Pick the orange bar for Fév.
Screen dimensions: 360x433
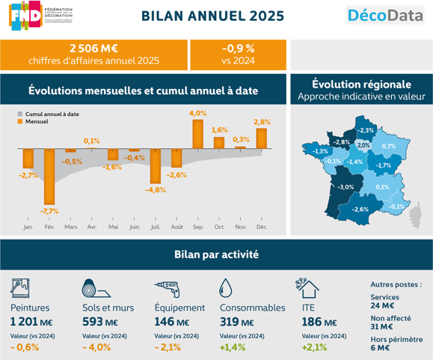coord(49,176)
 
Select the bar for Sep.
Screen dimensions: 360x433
coord(197,133)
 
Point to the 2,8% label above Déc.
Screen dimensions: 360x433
coord(262,122)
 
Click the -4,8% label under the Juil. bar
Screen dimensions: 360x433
coord(155,190)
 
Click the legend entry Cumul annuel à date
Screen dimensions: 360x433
coord(52,113)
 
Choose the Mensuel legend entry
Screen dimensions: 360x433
coord(38,120)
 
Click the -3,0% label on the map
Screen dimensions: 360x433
coord(346,186)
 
